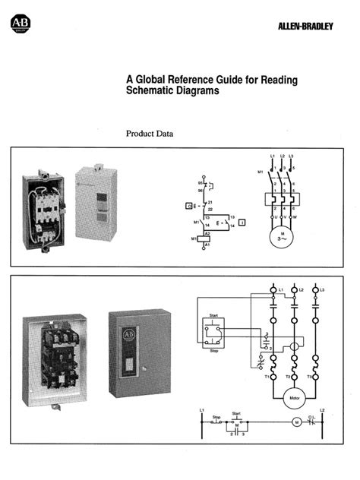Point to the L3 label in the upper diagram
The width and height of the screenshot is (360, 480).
click(x=292, y=156)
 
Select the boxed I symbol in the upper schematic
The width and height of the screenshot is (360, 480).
click(x=242, y=222)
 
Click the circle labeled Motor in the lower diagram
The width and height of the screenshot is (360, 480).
click(x=293, y=396)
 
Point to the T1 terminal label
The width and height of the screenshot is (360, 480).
click(x=267, y=376)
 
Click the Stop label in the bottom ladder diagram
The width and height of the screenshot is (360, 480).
click(x=216, y=416)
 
